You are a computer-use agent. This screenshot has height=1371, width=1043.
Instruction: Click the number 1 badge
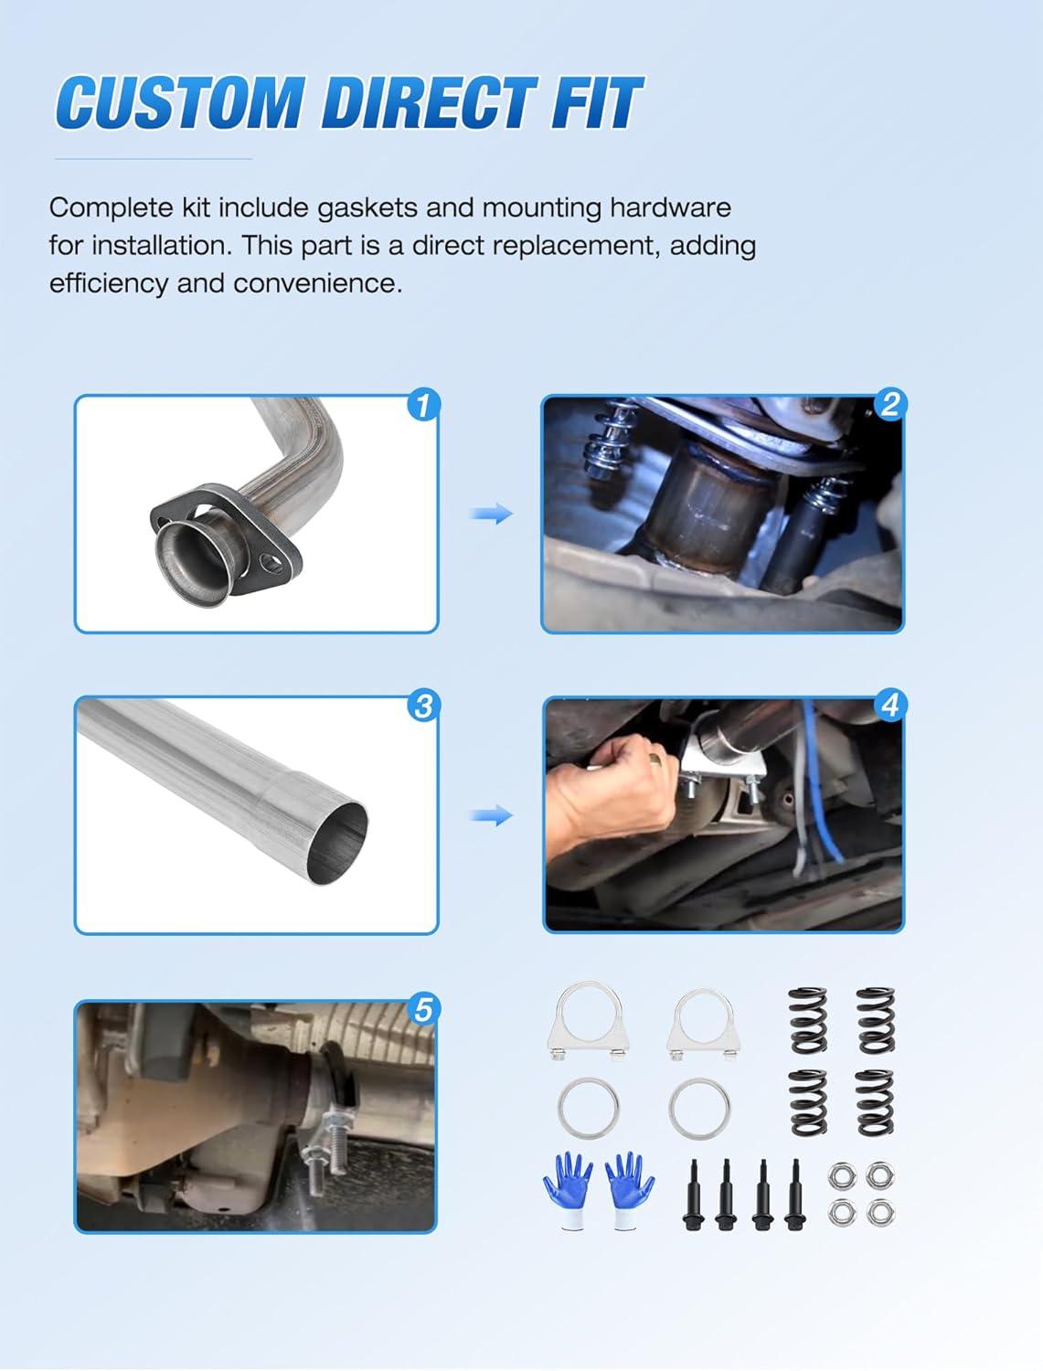(423, 404)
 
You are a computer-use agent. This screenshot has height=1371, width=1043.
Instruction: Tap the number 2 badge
(889, 404)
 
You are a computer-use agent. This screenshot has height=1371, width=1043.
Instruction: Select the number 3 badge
(423, 706)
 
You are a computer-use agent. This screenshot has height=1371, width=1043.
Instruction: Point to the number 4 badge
(889, 706)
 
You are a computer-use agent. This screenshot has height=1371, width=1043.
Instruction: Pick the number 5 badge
(423, 1009)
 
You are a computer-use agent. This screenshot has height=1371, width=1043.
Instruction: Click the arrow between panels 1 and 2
(491, 514)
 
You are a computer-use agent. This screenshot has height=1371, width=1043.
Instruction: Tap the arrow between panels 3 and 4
(491, 815)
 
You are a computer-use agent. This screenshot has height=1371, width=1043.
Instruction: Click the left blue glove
(568, 1191)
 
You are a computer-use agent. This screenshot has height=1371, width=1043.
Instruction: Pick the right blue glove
(630, 1191)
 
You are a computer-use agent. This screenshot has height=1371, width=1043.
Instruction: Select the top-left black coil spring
(808, 1020)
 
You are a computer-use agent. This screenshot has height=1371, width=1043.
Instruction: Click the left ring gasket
(588, 1108)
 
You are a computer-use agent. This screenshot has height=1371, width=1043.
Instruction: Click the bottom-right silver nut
(880, 1212)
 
